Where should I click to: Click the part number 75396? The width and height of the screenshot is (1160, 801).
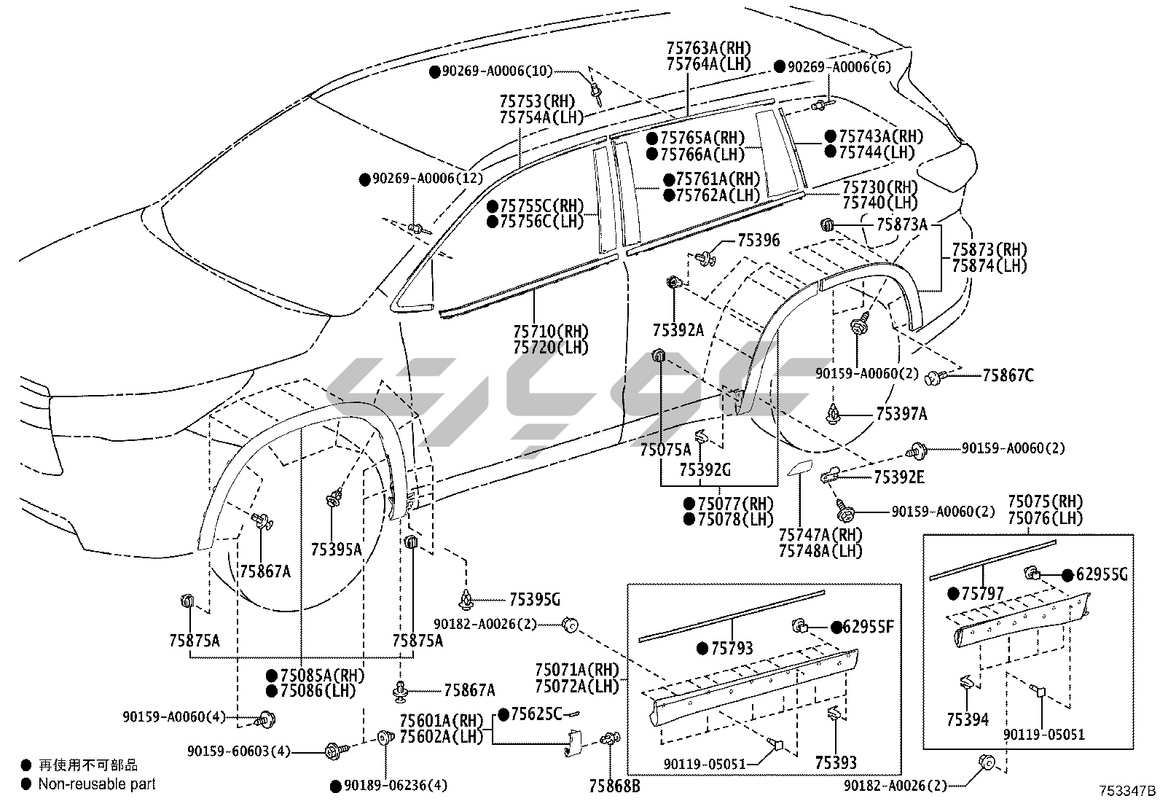(x=759, y=240)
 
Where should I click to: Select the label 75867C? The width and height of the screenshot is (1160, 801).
(x=1008, y=376)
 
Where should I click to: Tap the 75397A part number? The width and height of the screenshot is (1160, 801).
(x=901, y=414)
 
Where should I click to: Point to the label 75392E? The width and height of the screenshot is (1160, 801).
(x=899, y=477)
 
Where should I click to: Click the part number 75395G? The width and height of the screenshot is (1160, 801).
(x=534, y=600)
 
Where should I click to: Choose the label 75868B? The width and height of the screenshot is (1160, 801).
(x=615, y=786)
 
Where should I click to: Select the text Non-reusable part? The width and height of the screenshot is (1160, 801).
(x=97, y=784)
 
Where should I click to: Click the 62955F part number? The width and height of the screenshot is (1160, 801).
(x=867, y=626)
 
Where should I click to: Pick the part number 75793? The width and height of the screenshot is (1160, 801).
(x=732, y=648)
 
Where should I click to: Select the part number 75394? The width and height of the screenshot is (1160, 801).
(x=968, y=719)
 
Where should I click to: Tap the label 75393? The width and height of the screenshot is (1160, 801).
(x=836, y=762)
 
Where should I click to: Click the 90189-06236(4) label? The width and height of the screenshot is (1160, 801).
(x=396, y=786)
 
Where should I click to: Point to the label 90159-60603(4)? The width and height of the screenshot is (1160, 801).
(x=239, y=751)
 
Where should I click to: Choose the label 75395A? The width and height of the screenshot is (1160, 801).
(x=336, y=549)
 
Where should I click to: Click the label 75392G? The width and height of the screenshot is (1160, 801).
(x=705, y=470)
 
